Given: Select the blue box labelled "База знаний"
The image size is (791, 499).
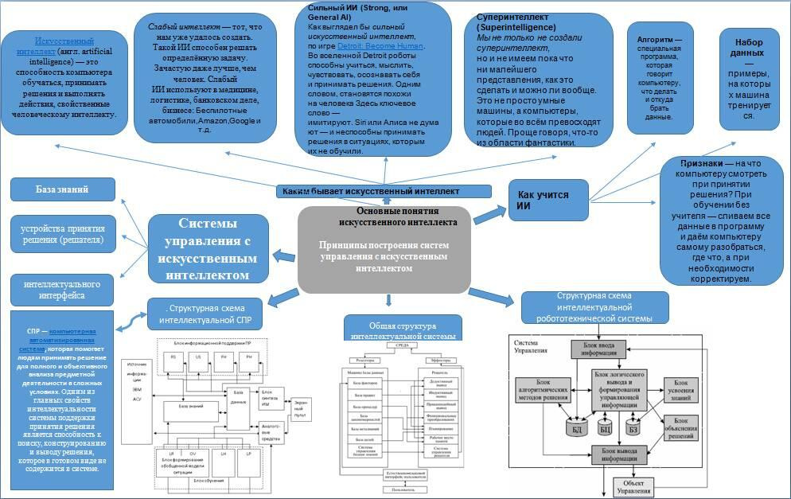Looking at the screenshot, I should (61, 189).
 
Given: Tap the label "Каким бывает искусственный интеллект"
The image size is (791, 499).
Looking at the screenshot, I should (371, 191).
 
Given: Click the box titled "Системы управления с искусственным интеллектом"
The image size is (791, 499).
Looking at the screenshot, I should (211, 249).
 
